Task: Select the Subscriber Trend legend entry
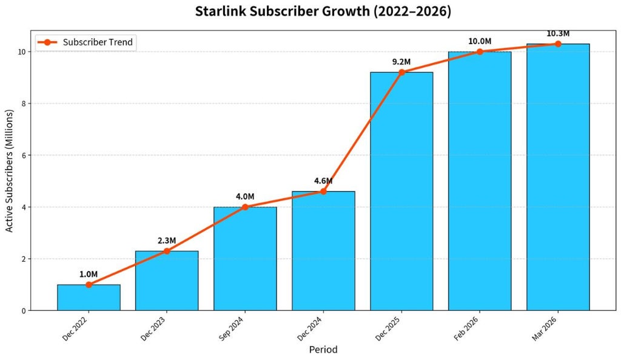86,42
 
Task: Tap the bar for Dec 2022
89,298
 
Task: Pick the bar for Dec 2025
401,192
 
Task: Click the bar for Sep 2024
245,259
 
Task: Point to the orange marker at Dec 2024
323,192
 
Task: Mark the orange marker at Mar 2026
558,44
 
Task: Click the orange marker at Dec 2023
167,251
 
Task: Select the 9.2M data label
401,62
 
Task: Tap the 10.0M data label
480,41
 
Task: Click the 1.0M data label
89,274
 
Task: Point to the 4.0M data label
245,196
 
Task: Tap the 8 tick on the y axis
24,104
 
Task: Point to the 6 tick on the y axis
24,156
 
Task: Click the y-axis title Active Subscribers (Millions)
8,171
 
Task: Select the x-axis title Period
323,350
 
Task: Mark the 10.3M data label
558,33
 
